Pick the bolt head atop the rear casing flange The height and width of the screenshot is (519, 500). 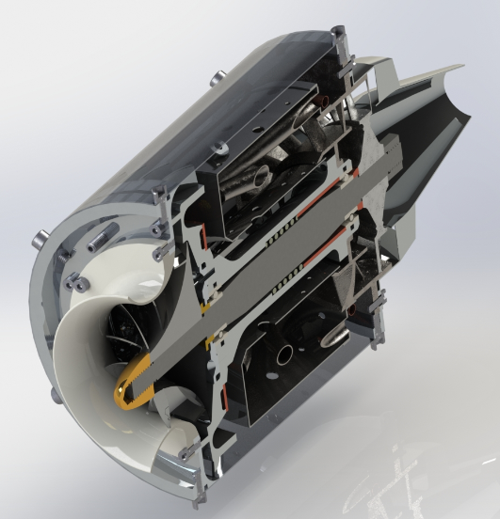(335, 35)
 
